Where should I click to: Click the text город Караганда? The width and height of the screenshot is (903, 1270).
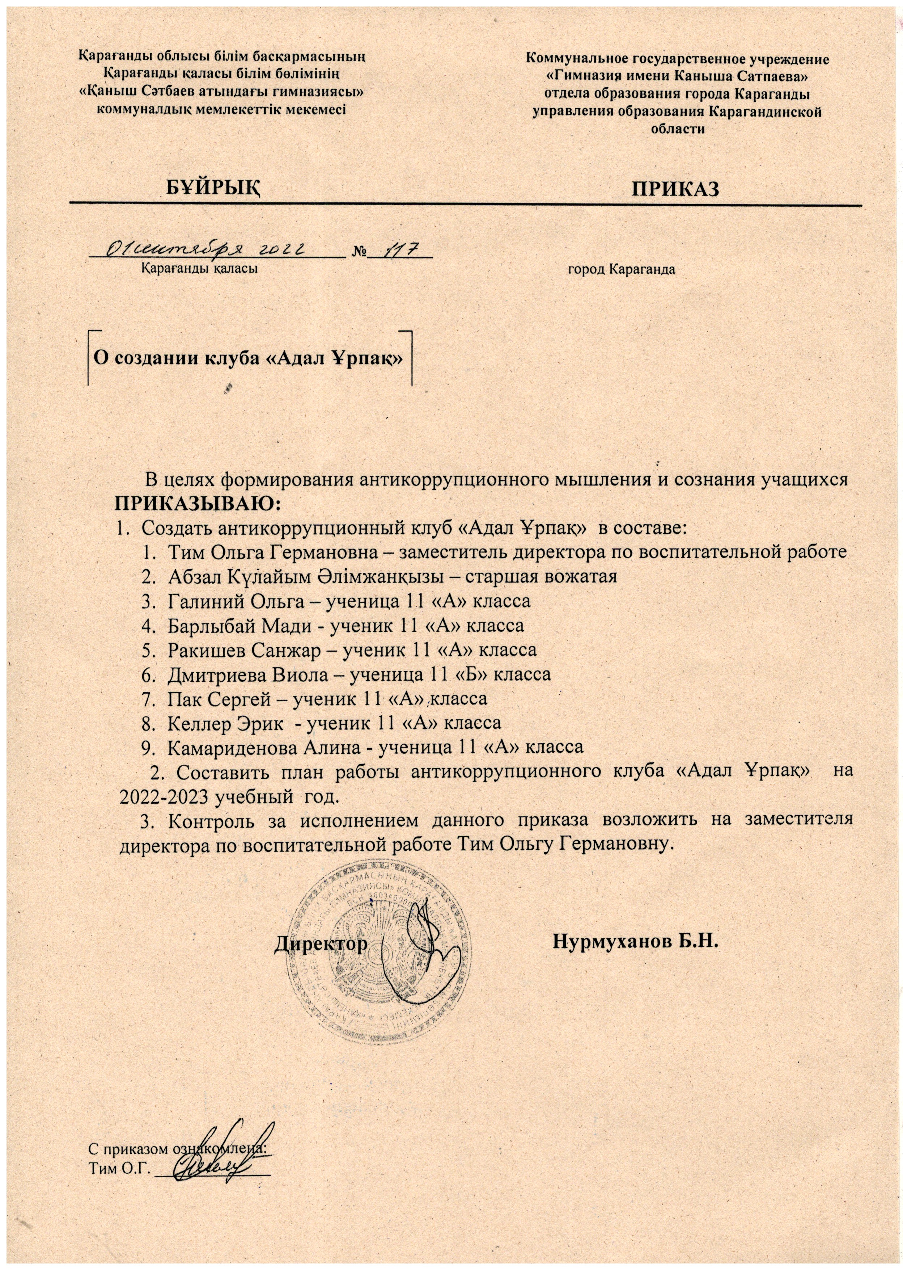[x=621, y=270]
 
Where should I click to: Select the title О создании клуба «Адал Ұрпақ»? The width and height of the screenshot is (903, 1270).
[x=247, y=357]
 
